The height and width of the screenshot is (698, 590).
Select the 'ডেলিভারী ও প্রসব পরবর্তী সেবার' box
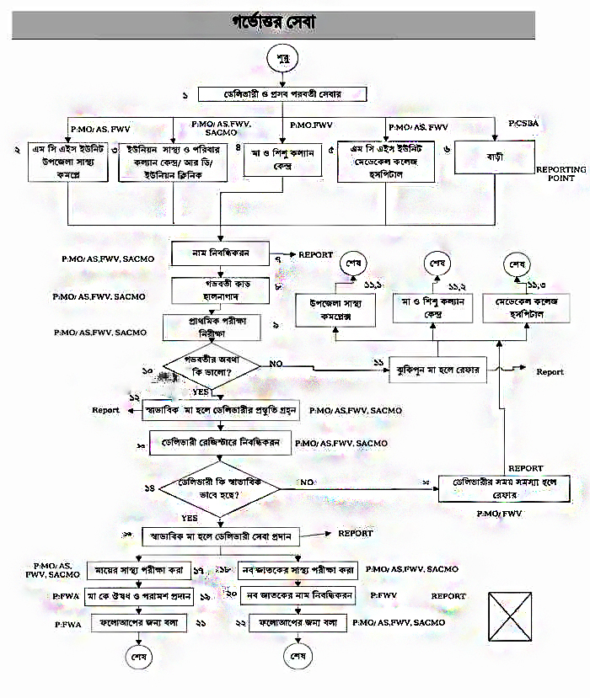(x=280, y=93)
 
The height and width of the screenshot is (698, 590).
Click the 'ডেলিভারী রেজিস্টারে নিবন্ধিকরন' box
(x=221, y=441)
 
